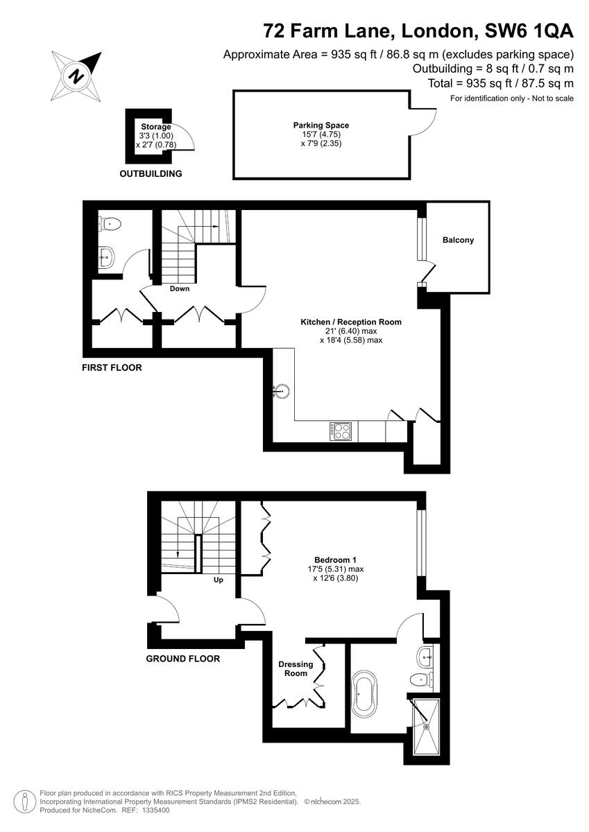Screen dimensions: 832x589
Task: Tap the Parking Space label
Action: point(321,125)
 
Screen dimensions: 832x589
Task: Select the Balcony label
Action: point(458,241)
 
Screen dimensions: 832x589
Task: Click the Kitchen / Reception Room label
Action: point(350,322)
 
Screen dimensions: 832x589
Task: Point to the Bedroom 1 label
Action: point(335,560)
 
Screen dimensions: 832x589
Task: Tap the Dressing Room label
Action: point(296,669)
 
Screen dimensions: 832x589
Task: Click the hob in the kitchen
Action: point(340,431)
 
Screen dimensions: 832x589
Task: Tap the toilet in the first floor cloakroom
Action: point(112,224)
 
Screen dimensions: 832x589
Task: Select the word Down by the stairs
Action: point(180,288)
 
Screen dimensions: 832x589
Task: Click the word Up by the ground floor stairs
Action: point(218,580)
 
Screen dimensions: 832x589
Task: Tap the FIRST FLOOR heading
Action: point(112,367)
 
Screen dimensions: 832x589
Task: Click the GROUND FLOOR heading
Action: point(182,659)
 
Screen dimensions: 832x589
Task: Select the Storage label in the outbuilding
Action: point(155,127)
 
